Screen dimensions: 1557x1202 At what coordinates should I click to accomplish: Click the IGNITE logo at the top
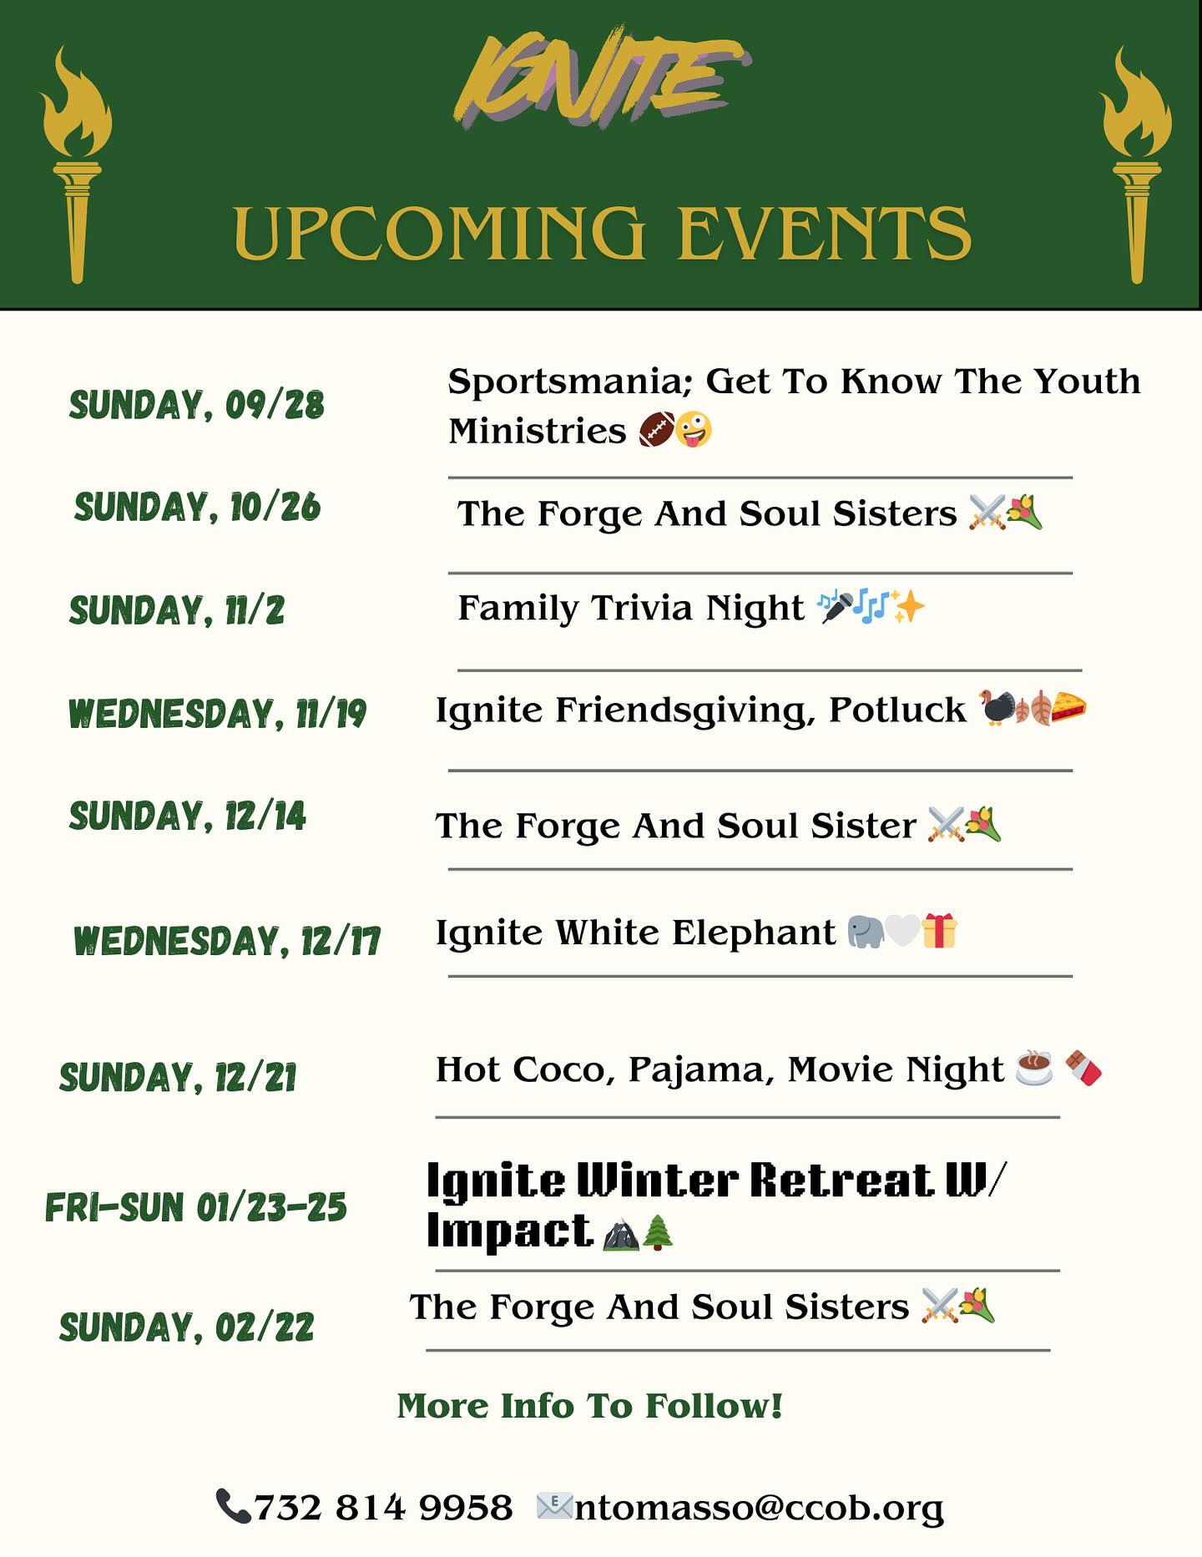pyautogui.click(x=601, y=79)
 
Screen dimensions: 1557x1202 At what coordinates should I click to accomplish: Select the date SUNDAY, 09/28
pyautogui.click(x=196, y=405)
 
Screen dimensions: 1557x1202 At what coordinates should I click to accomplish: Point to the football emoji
pyautogui.click(x=655, y=430)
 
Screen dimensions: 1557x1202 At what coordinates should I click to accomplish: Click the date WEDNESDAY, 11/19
pyautogui.click(x=217, y=714)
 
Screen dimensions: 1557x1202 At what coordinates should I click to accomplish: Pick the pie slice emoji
pyautogui.click(x=1068, y=708)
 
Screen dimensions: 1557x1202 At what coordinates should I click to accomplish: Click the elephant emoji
pyautogui.click(x=866, y=932)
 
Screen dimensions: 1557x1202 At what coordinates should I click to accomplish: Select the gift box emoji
pyautogui.click(x=939, y=931)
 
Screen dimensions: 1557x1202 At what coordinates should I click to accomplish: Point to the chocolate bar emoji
pyautogui.click(x=1083, y=1069)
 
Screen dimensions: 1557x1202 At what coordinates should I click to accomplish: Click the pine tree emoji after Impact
pyautogui.click(x=659, y=1232)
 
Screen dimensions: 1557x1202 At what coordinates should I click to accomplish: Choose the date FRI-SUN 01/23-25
pyautogui.click(x=196, y=1208)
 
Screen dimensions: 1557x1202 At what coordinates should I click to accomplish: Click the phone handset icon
pyautogui.click(x=233, y=1506)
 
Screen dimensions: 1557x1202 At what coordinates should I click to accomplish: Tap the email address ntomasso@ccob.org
pyautogui.click(x=759, y=1508)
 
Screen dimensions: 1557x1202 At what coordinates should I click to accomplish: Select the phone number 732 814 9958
pyautogui.click(x=383, y=1508)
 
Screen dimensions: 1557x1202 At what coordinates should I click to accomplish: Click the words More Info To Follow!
pyautogui.click(x=590, y=1406)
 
